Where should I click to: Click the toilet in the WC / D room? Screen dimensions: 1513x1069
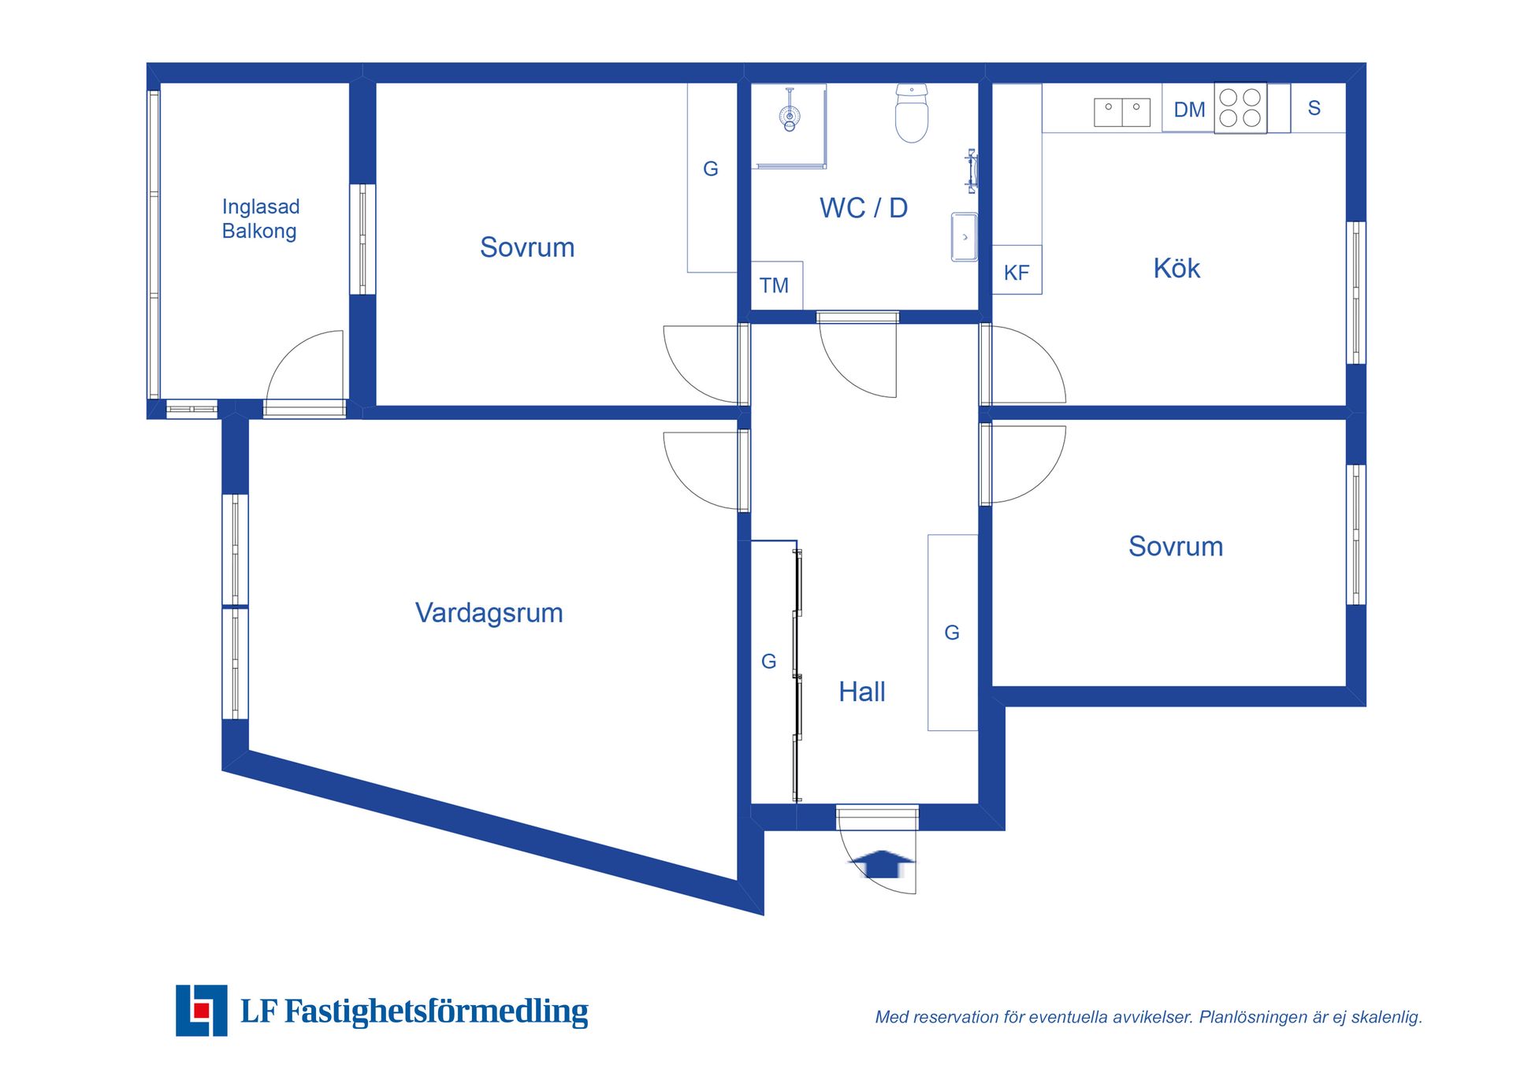pyautogui.click(x=912, y=113)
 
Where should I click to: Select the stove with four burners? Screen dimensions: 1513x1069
pyautogui.click(x=1240, y=108)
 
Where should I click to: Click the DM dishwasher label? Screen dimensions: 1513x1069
pyautogui.click(x=1189, y=109)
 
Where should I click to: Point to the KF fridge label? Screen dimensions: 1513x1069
pyautogui.click(x=1017, y=273)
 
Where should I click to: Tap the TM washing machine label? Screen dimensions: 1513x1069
pyautogui.click(x=774, y=285)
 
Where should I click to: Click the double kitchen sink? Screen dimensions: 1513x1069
pyautogui.click(x=1122, y=112)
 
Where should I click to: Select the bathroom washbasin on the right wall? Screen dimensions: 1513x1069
pyautogui.click(x=965, y=236)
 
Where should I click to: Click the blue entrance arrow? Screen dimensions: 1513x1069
pyautogui.click(x=883, y=864)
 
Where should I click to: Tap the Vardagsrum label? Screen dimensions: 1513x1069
pyautogui.click(x=489, y=613)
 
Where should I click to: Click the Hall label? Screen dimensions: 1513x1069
pyautogui.click(x=862, y=692)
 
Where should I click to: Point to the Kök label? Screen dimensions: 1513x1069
pyautogui.click(x=1177, y=268)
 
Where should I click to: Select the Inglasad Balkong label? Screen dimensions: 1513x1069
pyautogui.click(x=260, y=219)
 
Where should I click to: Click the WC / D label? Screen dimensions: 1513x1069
pyautogui.click(x=864, y=208)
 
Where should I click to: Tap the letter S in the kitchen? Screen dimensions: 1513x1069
pyautogui.click(x=1314, y=108)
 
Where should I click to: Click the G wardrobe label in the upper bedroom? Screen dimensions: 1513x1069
pyautogui.click(x=711, y=169)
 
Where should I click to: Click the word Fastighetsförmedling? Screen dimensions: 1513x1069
pyautogui.click(x=436, y=1011)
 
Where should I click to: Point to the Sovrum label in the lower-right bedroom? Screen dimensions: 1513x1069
pyautogui.click(x=1176, y=546)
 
